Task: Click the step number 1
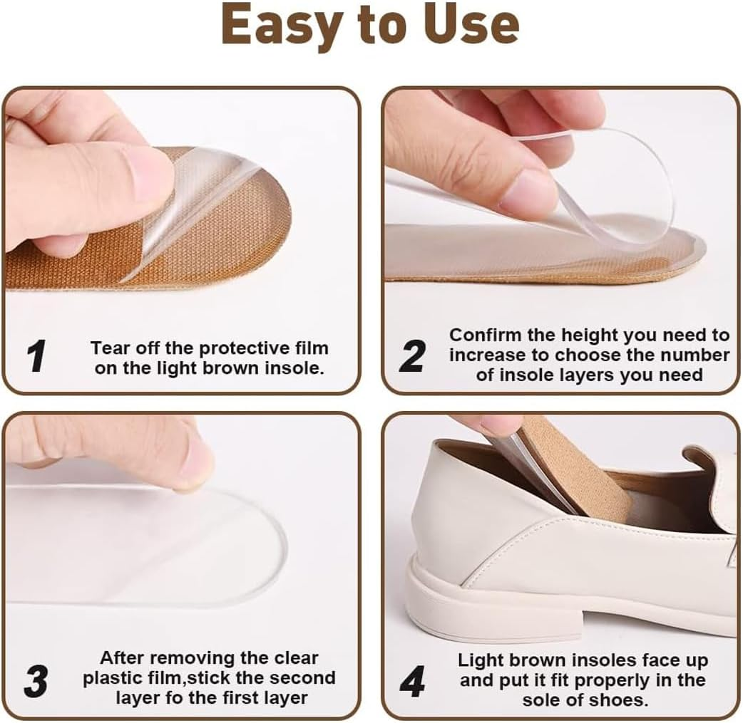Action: pyautogui.click(x=37, y=357)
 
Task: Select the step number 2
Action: pyautogui.click(x=411, y=355)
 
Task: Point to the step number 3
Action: pyautogui.click(x=36, y=682)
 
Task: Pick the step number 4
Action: pyautogui.click(x=412, y=682)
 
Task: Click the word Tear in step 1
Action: pyautogui.click(x=107, y=348)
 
